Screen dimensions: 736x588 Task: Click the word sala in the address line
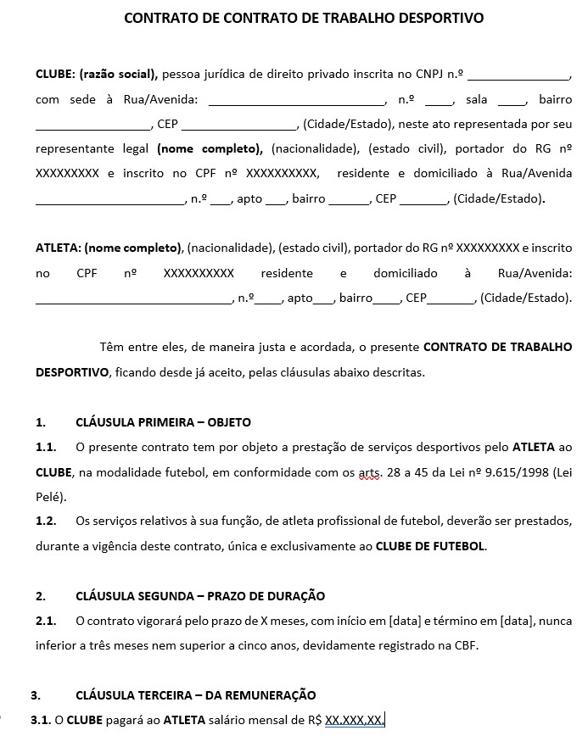[477, 99]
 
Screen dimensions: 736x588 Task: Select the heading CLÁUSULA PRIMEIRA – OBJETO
[163, 422]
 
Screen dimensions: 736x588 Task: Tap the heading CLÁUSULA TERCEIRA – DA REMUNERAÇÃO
[195, 695]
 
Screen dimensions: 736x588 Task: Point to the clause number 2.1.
[46, 621]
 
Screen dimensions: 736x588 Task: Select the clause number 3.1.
[41, 721]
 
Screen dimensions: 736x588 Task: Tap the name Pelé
[49, 497]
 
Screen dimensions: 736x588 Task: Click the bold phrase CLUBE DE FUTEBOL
[431, 547]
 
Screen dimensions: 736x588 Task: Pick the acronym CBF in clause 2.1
[466, 646]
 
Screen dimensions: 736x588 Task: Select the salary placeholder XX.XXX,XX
[354, 721]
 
